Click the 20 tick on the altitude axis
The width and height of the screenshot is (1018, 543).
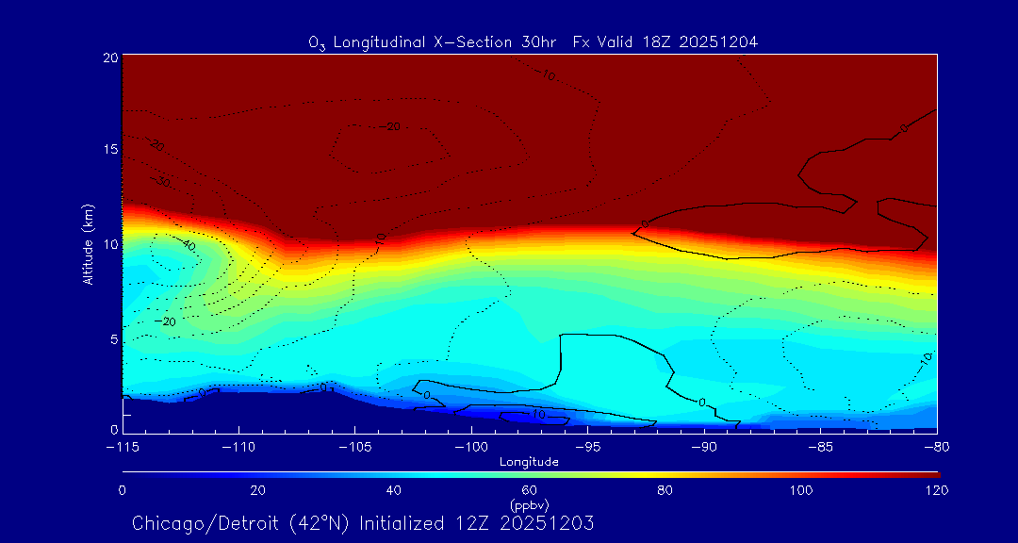(109, 58)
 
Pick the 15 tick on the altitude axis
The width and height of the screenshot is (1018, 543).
(109, 150)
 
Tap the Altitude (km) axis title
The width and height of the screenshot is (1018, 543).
(88, 244)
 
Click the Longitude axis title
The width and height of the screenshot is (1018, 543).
(529, 462)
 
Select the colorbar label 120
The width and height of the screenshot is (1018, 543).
(937, 490)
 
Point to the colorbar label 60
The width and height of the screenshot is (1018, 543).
(529, 490)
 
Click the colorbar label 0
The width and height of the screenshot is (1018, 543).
(123, 490)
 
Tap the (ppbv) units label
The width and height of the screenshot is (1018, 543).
(529, 505)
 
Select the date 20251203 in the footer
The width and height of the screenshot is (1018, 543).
(550, 522)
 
